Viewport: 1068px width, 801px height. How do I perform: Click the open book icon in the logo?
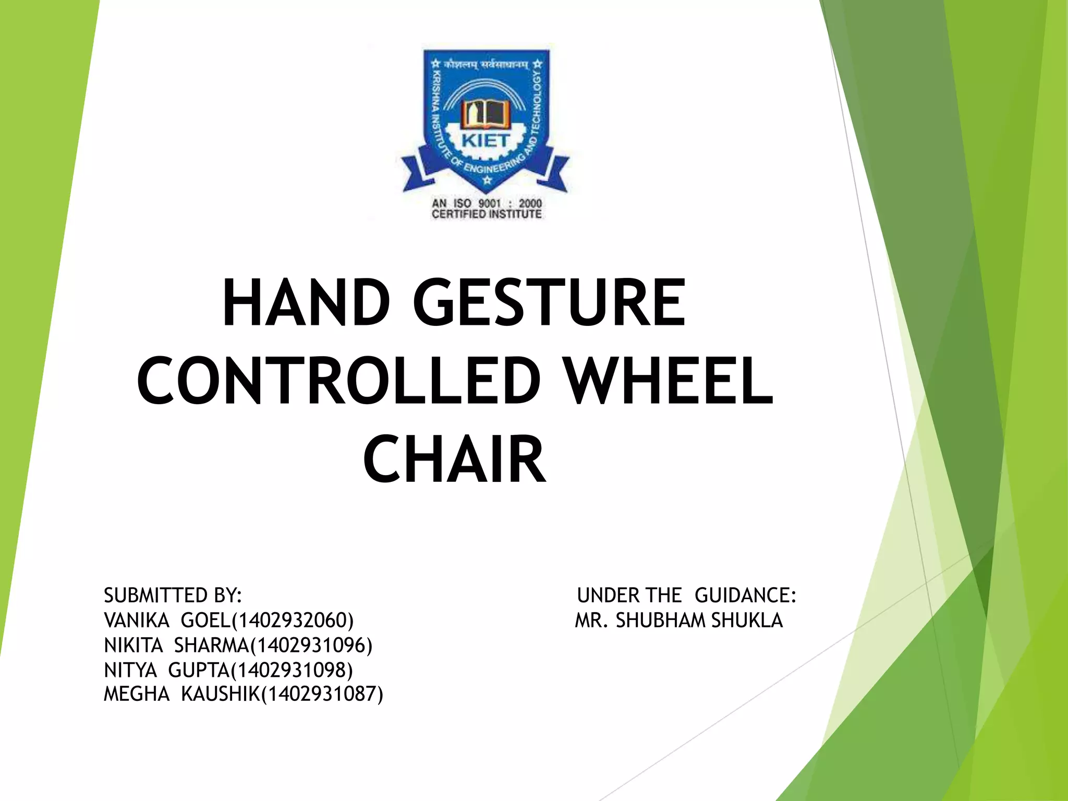tap(486, 113)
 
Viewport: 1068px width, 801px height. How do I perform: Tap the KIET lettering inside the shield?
tap(486, 141)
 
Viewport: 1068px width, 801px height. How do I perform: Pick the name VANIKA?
tap(137, 621)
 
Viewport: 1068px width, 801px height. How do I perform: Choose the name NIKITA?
tap(133, 646)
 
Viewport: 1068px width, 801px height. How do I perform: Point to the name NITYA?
tap(130, 670)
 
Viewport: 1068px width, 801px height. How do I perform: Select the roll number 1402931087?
tap(322, 694)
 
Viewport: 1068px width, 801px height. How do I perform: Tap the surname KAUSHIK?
tap(220, 694)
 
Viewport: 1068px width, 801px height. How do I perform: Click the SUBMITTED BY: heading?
tap(173, 596)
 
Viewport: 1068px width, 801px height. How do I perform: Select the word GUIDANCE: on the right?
tap(745, 596)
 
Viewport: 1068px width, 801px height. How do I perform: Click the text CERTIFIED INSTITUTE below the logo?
tap(487, 214)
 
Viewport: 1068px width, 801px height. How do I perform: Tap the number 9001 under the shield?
tap(489, 203)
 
